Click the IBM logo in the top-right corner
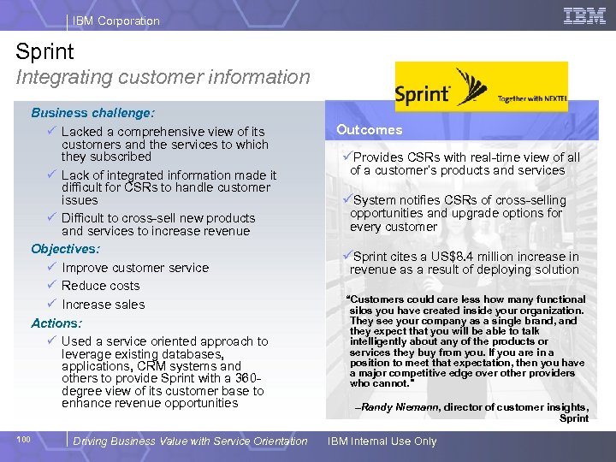coord(585,15)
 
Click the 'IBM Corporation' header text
coord(116,21)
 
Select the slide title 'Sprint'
coord(44,51)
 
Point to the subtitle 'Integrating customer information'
coord(163,77)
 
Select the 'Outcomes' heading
coord(369,130)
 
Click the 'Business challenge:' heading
coord(92,112)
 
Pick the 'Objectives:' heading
coord(65,249)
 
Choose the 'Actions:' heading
coord(56,323)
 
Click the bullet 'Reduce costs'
coord(100,286)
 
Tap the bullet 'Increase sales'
coord(103,305)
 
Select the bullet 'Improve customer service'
coord(134,268)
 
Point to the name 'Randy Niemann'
coord(399,407)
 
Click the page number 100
coord(23,440)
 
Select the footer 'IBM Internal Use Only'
coord(382,441)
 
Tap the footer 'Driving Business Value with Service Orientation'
coord(190,441)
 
